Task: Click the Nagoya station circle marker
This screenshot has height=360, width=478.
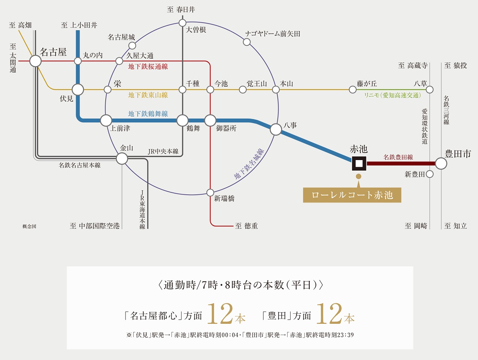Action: tap(35, 61)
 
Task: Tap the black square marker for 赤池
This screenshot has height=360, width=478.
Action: tap(359, 163)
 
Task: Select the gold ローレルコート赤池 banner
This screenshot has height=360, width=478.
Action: tap(352, 195)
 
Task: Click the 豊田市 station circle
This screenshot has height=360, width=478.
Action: tap(441, 163)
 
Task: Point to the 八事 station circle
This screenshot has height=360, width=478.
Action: tap(276, 129)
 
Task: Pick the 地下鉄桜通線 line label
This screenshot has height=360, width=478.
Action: tap(148, 67)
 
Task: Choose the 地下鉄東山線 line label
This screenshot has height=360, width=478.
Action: tap(148, 95)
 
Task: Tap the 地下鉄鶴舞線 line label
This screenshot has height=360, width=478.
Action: tap(148, 114)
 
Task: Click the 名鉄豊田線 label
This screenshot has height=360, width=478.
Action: tap(398, 157)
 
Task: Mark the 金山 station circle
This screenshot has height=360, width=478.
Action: tap(122, 159)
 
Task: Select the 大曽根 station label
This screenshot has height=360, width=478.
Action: tap(196, 30)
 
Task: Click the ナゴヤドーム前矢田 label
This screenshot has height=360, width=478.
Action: tap(273, 34)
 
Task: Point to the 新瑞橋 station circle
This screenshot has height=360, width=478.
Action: tap(210, 192)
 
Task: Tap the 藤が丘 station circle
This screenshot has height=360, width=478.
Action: tap(353, 90)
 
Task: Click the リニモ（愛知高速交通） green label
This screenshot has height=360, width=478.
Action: tap(392, 96)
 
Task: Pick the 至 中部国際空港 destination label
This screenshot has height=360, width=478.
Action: tap(95, 226)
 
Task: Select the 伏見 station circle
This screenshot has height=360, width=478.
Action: tap(78, 90)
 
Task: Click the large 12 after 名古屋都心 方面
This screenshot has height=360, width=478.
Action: tap(220, 314)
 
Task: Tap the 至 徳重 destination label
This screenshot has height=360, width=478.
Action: tap(246, 226)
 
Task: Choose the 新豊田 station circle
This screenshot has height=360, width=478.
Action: tap(429, 174)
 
